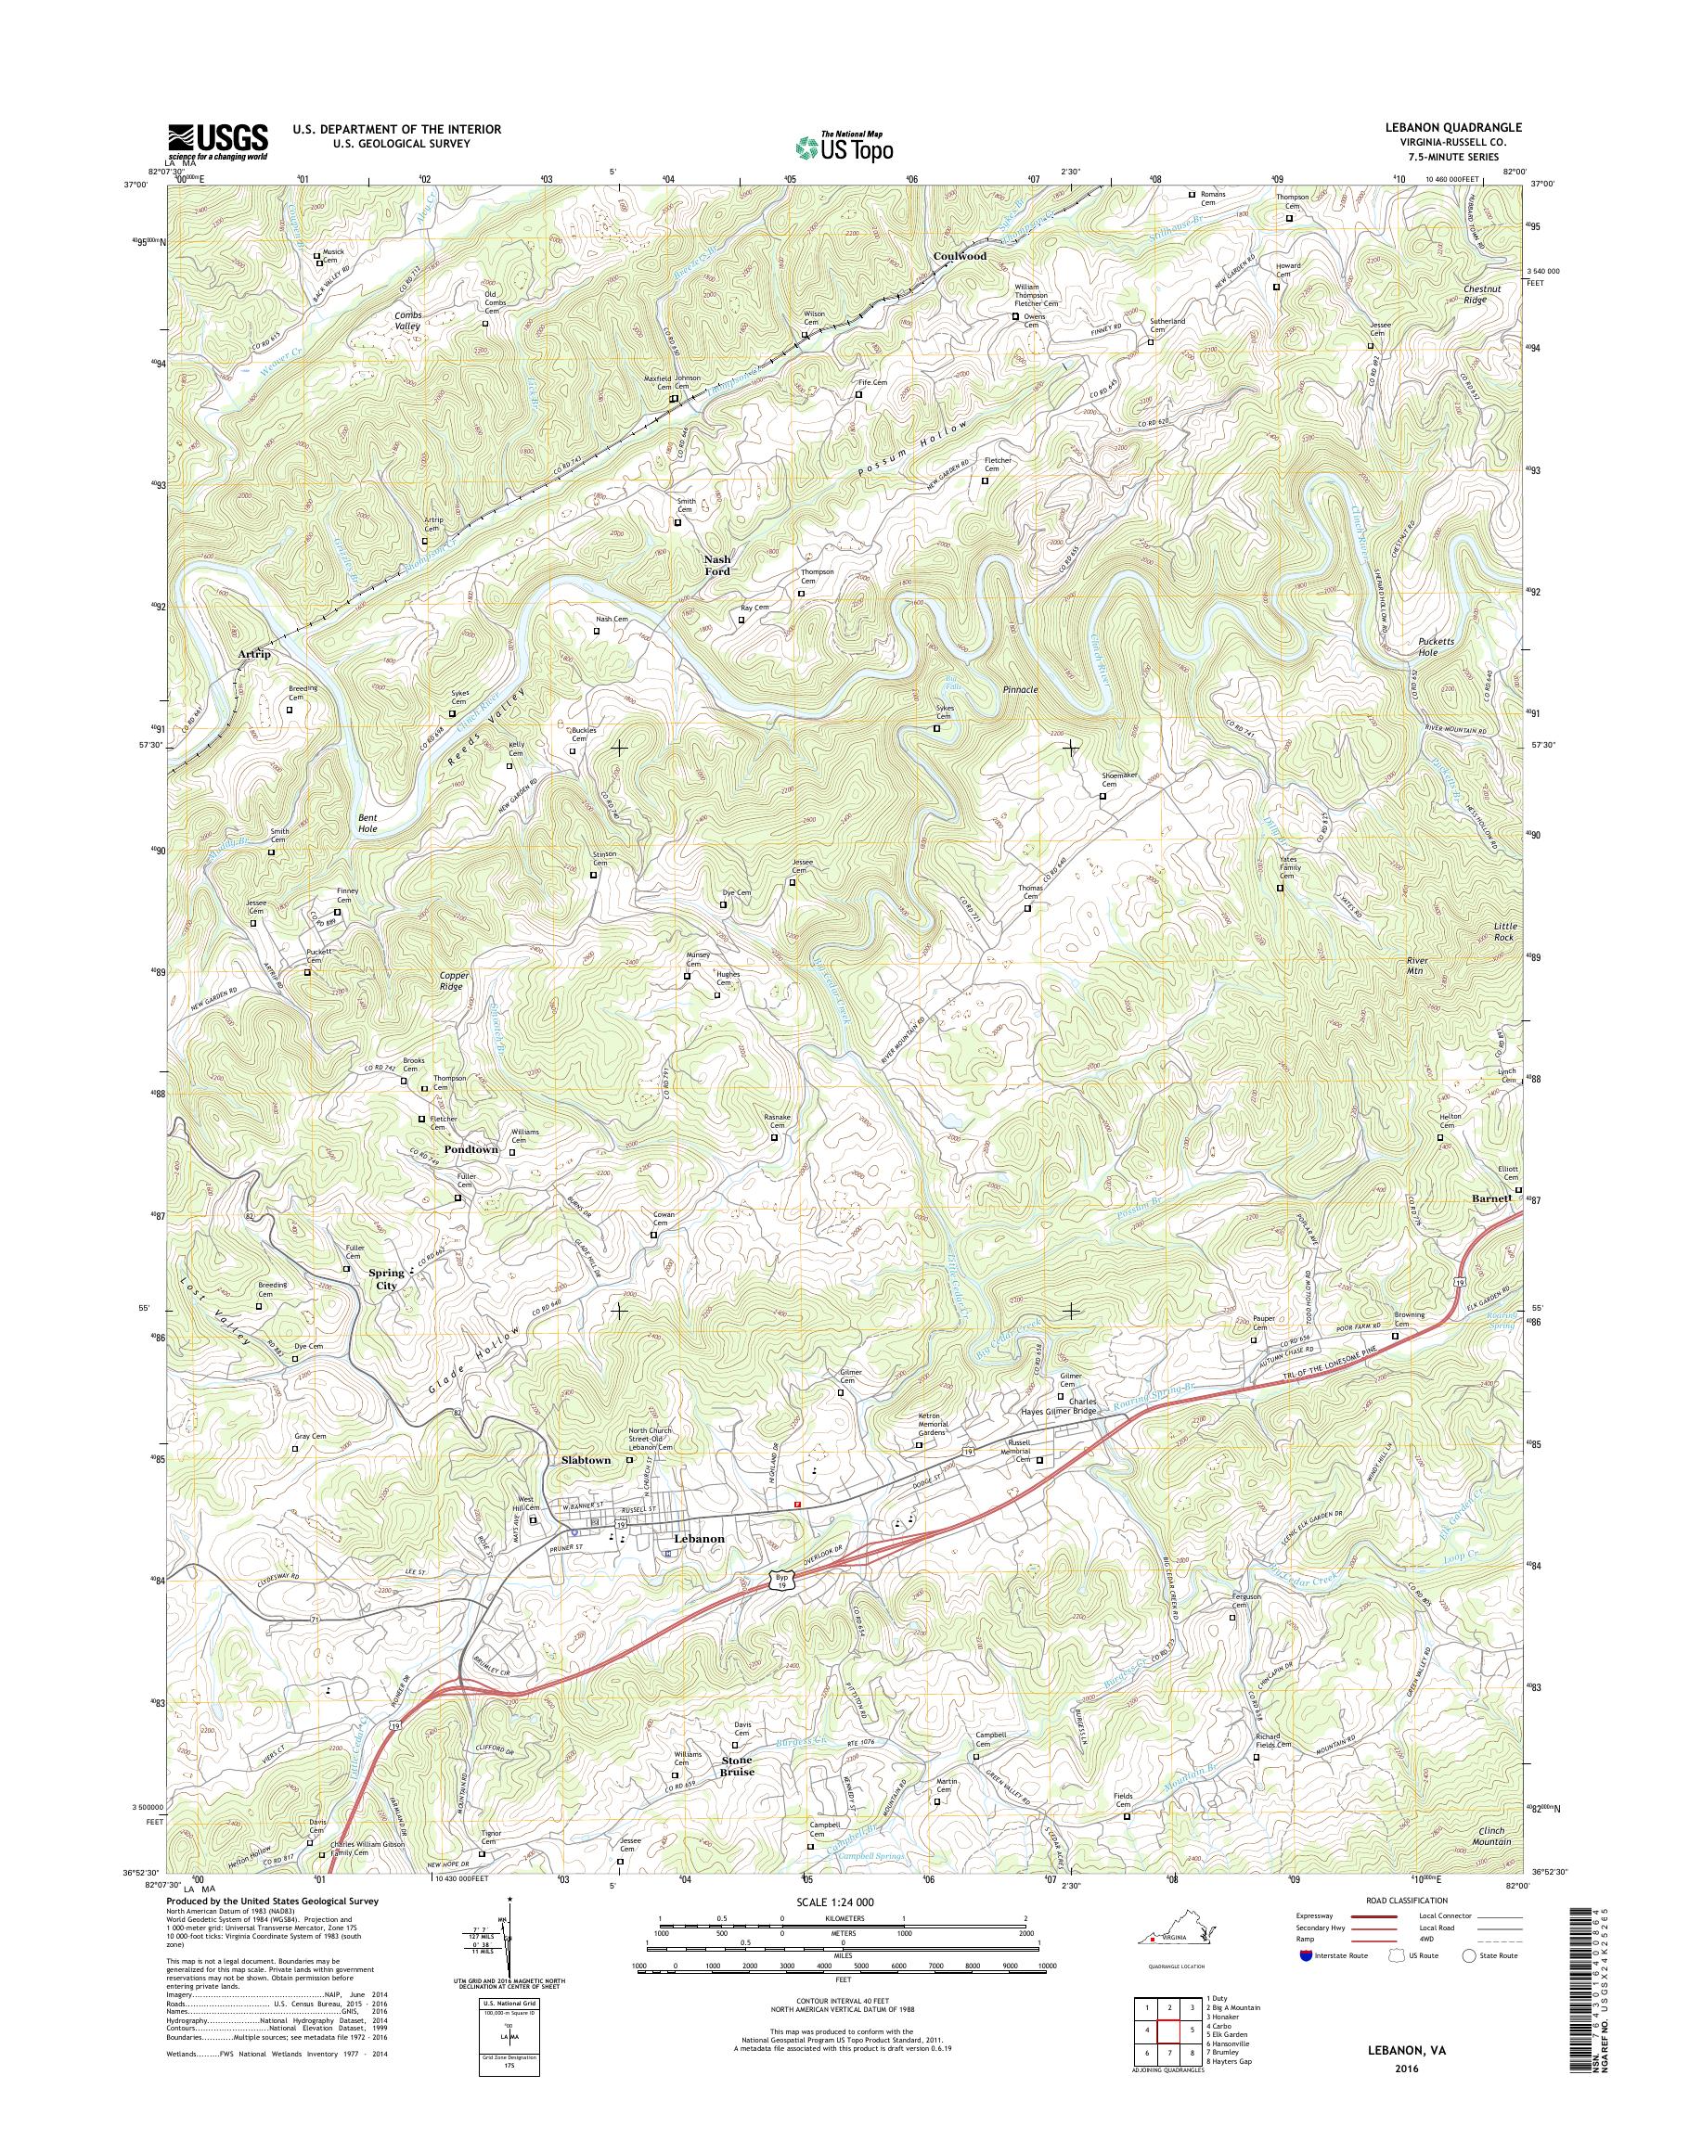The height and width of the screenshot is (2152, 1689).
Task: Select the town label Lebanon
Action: tap(698, 1538)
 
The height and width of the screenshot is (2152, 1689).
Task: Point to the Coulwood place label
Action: tap(960, 256)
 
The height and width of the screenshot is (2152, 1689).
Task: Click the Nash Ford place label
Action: tap(717, 565)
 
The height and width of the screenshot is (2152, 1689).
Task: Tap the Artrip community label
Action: tap(254, 653)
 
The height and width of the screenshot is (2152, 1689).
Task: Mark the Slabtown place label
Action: tap(586, 1460)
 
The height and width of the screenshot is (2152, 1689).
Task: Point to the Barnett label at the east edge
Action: tap(1490, 1198)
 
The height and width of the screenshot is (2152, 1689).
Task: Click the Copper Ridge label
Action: tap(455, 980)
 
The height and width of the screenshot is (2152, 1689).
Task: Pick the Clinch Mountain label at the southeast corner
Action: tap(1489, 1836)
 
